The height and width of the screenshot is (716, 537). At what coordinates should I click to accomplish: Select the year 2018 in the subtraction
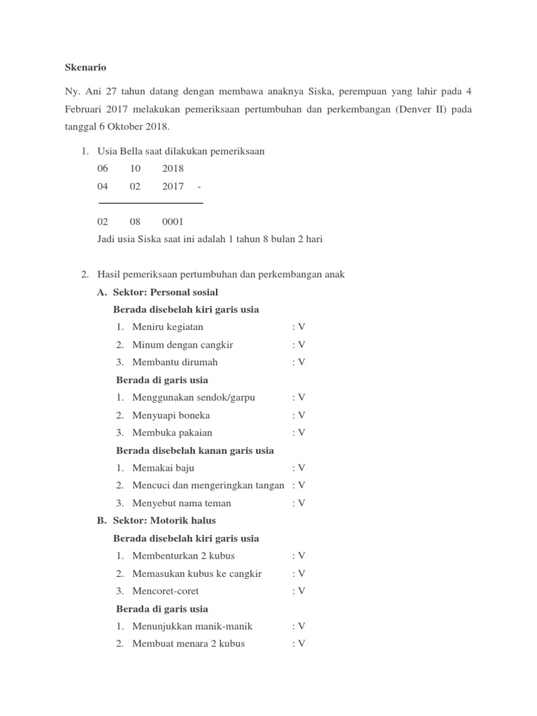click(173, 169)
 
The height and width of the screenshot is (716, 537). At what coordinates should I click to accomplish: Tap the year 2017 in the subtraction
click(173, 186)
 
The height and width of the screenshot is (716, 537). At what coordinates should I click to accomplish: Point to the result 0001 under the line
click(173, 222)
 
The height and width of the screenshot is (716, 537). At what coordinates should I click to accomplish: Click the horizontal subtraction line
click(150, 203)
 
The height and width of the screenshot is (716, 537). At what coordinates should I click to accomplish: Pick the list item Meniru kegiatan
click(168, 327)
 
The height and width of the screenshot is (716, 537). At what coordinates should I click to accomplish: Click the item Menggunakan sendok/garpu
click(194, 397)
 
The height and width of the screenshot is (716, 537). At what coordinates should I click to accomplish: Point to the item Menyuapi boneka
click(171, 415)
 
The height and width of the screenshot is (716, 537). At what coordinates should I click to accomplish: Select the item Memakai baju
click(163, 468)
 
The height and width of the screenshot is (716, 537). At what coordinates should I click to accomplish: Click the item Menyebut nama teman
click(182, 503)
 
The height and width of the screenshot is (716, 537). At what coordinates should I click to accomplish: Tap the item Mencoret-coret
click(166, 591)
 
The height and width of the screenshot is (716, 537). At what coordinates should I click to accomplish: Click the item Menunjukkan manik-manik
click(192, 626)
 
